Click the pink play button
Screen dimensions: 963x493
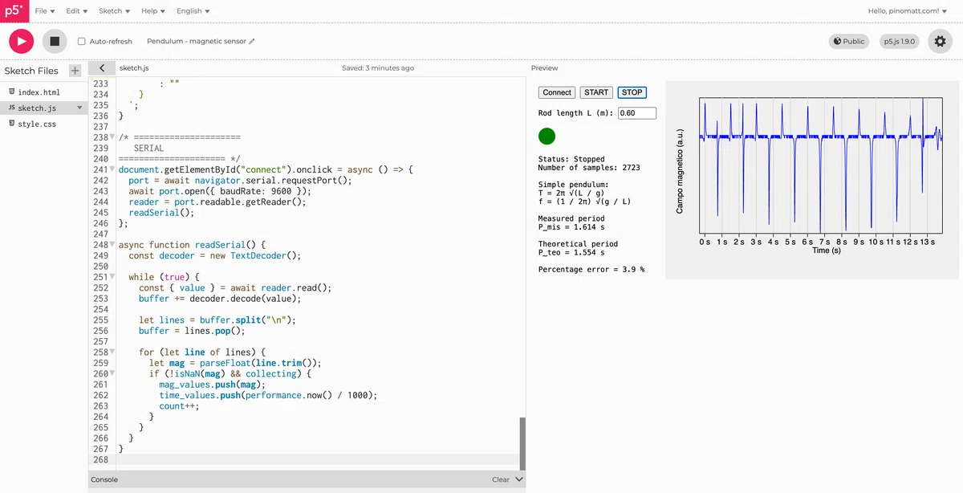click(x=21, y=41)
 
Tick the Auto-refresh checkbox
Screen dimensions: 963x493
click(x=81, y=41)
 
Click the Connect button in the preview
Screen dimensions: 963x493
click(x=557, y=92)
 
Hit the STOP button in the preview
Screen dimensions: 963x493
click(x=632, y=92)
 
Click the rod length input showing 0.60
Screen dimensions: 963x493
click(x=637, y=113)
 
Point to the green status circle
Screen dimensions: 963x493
click(x=547, y=136)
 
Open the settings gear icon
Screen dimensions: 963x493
click(x=941, y=41)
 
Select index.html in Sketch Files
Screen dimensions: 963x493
click(x=39, y=92)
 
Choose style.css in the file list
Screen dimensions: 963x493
click(x=37, y=124)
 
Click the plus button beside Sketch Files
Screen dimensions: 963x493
click(x=75, y=71)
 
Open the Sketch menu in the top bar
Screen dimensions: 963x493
click(x=114, y=10)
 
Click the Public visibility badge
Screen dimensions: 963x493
click(x=849, y=41)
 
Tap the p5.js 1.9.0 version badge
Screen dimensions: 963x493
click(x=900, y=41)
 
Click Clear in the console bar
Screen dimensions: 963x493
click(x=501, y=479)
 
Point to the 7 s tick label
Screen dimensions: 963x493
click(x=825, y=242)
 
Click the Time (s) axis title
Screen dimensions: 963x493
click(x=827, y=251)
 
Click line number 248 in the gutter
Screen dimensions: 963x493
click(x=100, y=245)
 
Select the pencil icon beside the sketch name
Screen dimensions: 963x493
click(x=252, y=41)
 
